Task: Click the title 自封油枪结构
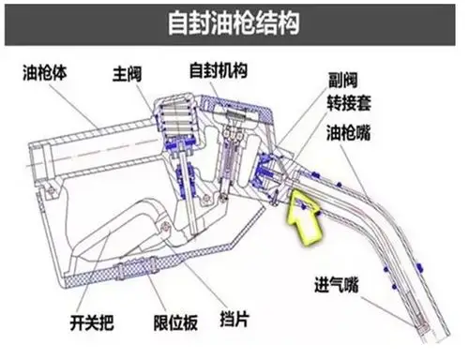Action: [x=234, y=21]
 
